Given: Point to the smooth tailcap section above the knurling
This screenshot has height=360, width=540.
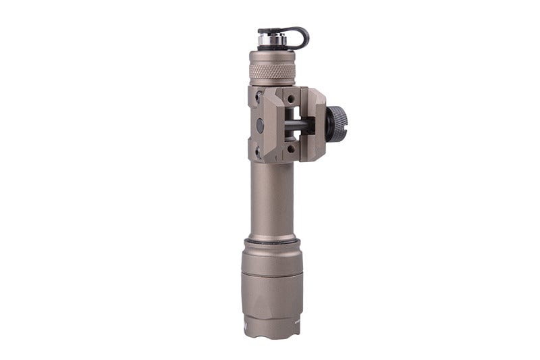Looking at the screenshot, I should click(x=271, y=57).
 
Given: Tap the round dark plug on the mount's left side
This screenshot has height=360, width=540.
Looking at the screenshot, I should click(x=260, y=124).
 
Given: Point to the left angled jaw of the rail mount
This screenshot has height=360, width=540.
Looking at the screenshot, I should click(x=273, y=124).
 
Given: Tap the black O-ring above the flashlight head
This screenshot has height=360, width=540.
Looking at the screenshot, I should click(x=271, y=240).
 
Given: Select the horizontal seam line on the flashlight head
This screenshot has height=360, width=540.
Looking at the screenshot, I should click(x=271, y=275).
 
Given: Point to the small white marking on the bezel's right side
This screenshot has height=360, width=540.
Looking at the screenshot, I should click(x=298, y=324).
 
